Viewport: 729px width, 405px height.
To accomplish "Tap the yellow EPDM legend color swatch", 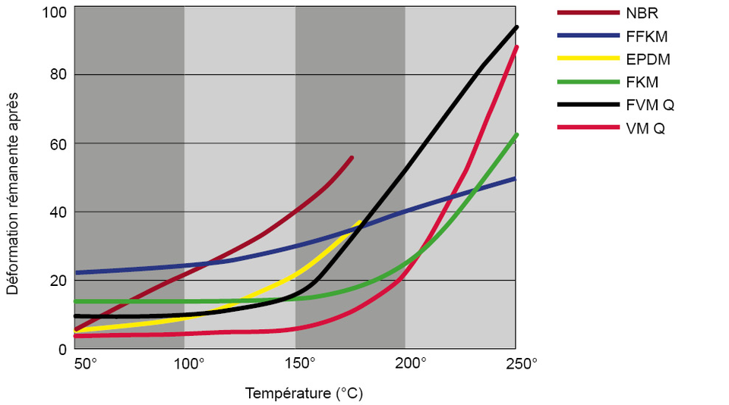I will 588,58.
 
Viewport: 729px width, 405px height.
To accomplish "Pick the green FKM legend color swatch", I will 588,81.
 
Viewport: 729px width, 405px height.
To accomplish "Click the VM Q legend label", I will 645,128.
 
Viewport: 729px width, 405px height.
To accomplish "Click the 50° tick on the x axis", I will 85,363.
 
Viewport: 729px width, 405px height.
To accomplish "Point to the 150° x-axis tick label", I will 301,363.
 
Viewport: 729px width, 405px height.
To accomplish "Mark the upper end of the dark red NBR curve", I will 352,158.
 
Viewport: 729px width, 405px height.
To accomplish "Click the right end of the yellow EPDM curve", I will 360,222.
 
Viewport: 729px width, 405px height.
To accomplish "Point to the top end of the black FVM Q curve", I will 517,27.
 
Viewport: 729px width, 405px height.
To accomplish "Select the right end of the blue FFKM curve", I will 516,178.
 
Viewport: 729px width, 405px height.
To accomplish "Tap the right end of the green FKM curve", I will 517,135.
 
